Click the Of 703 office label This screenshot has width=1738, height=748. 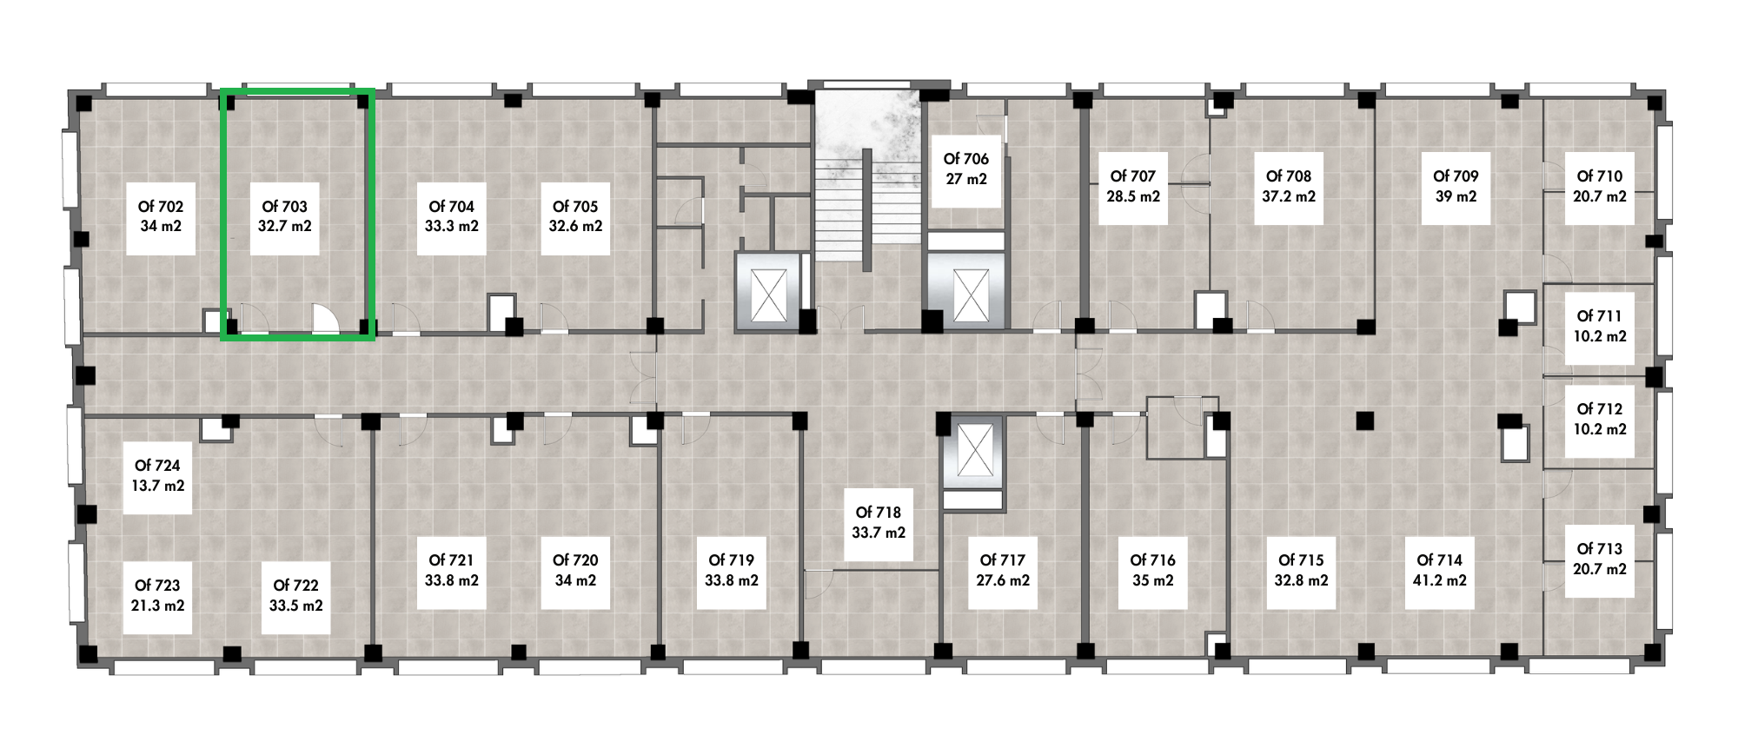click(285, 216)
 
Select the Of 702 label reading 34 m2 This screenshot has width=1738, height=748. click(161, 216)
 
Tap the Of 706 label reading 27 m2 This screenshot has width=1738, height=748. click(966, 169)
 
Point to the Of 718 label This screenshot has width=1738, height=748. click(879, 523)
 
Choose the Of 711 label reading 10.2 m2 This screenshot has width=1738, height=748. click(1600, 327)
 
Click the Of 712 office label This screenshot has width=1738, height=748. click(1600, 420)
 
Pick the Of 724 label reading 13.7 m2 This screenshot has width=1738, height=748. click(157, 476)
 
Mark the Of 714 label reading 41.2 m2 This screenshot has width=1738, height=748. click(1439, 571)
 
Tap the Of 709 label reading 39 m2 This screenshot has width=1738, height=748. click(1456, 187)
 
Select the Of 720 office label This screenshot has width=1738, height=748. click(575, 571)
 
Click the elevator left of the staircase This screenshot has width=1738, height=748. click(768, 293)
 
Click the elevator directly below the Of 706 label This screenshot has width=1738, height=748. click(969, 293)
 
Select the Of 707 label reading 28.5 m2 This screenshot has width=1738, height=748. click(1133, 187)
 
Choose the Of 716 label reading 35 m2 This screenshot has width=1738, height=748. click(1152, 571)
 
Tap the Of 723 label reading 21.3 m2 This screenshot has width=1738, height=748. click(157, 596)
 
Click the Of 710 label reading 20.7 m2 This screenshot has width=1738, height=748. click(1600, 187)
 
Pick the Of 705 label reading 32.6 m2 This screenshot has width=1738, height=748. click(575, 216)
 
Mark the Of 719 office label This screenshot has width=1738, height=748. click(732, 571)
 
